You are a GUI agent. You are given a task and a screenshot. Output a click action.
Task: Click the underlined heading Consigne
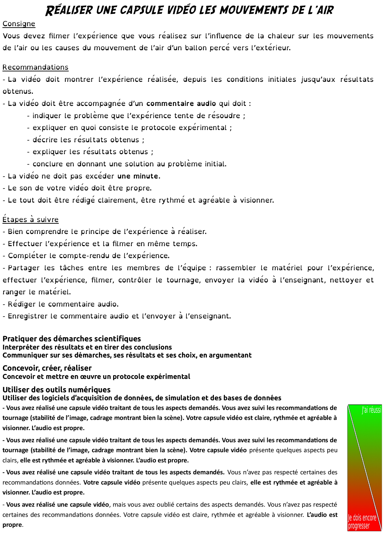pyautogui.click(x=19, y=24)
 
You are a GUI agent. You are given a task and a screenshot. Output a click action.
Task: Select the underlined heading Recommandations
pyautogui.click(x=35, y=67)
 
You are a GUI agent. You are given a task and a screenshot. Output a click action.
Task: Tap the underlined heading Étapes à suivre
pyautogui.click(x=30, y=219)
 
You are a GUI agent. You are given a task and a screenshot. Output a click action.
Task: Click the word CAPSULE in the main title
pyautogui.click(x=141, y=10)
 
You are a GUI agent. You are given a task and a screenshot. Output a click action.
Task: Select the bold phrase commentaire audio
pyautogui.click(x=181, y=103)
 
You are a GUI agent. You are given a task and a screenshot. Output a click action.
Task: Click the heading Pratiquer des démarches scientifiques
pyautogui.click(x=72, y=339)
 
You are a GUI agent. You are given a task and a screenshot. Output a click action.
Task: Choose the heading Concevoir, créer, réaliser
pyautogui.click(x=47, y=368)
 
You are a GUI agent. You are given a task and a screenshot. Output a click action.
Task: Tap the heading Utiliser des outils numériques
pyautogui.click(x=56, y=390)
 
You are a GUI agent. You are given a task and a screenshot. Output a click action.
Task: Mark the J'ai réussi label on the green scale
pyautogui.click(x=371, y=410)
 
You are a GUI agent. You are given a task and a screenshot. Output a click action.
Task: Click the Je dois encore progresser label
pyautogui.click(x=362, y=522)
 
